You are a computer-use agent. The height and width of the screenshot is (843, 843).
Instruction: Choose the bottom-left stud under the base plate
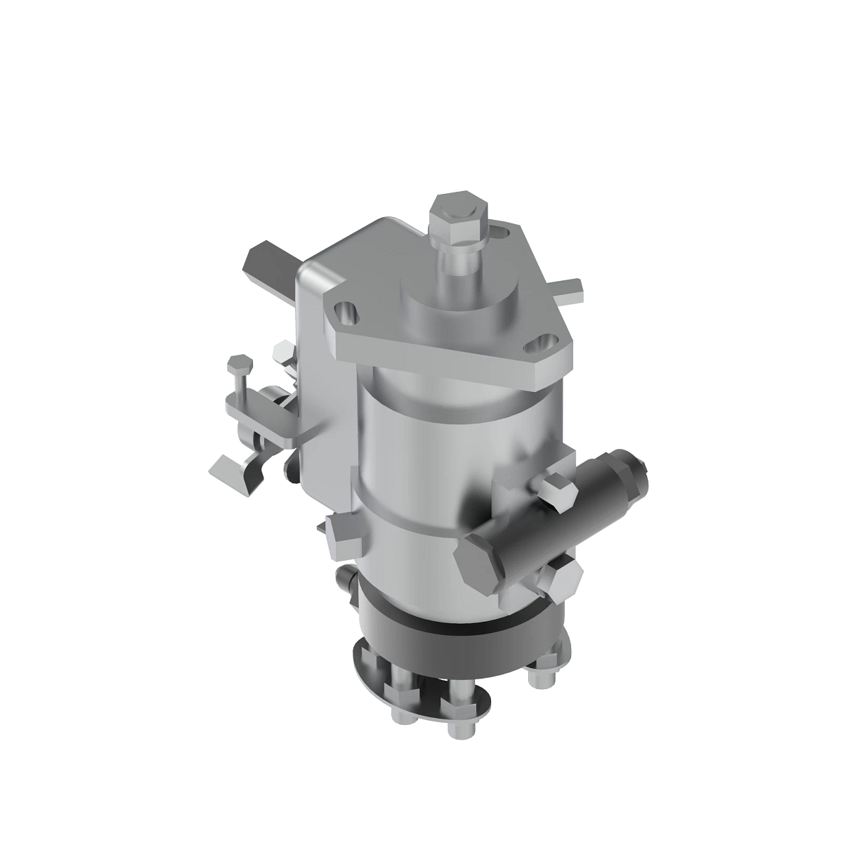point(398,705)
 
